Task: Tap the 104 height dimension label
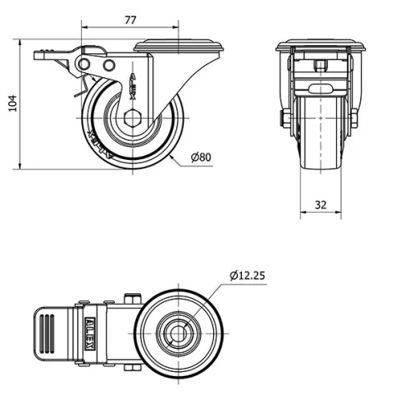pos(11,103)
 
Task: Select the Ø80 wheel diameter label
pos(201,157)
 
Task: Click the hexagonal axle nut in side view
pos(133,117)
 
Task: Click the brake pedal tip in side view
pos(41,56)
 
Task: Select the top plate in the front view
pos(320,45)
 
